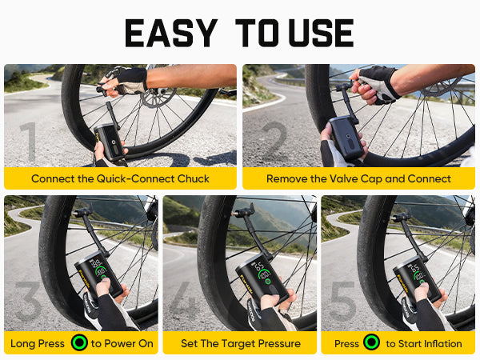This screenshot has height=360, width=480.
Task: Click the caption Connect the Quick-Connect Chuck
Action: click(120, 178)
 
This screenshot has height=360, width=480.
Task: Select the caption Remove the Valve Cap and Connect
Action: click(358, 178)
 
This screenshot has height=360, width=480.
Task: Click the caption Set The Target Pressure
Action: click(239, 343)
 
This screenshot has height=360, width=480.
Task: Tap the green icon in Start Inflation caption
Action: click(370, 343)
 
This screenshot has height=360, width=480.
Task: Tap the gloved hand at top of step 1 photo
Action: click(128, 78)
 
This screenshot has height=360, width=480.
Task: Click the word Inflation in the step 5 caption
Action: click(438, 343)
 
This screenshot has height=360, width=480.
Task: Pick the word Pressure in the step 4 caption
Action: click(274, 343)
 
